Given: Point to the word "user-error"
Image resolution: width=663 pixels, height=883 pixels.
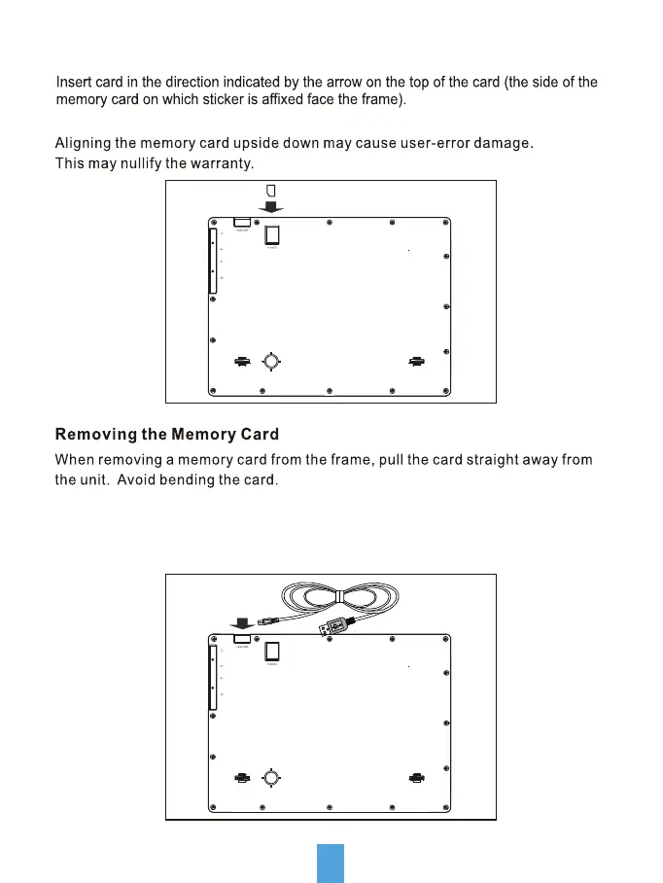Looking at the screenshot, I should tap(426, 144).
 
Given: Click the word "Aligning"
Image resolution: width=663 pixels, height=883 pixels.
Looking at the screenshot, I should tap(84, 144).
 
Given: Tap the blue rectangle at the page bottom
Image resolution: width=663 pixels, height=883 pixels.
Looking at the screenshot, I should tap(331, 863).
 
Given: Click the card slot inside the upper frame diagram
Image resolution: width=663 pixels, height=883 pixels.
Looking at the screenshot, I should tap(273, 234).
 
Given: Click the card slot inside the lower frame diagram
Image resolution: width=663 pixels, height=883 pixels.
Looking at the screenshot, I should tap(273, 652).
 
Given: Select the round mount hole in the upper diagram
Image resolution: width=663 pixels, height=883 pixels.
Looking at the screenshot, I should tap(271, 361).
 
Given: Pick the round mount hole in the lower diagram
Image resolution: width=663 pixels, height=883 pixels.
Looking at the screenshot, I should tap(271, 778).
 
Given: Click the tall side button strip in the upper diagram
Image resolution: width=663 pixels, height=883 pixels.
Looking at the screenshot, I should tap(212, 261).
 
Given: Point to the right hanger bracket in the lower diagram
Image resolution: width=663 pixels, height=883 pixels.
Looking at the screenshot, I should tap(417, 778).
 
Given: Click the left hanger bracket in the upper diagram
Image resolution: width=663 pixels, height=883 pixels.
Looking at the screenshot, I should tap(241, 361).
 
